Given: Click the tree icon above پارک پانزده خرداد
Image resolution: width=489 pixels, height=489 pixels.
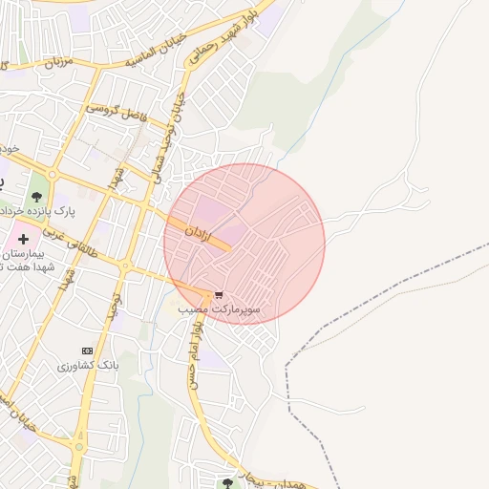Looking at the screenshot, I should click(x=37, y=197).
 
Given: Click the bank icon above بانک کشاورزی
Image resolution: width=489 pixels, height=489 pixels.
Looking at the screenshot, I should click(x=88, y=351).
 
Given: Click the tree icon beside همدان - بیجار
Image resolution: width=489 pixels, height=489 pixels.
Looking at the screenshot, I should click(x=227, y=480).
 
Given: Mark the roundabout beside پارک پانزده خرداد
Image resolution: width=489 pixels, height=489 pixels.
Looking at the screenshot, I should click(x=53, y=176).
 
